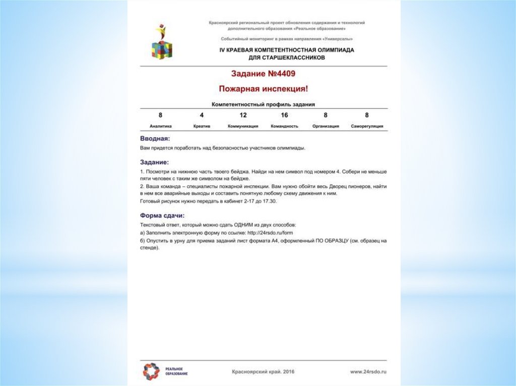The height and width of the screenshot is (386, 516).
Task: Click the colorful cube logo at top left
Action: (162, 42)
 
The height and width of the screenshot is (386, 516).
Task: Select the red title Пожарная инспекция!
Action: (263, 89)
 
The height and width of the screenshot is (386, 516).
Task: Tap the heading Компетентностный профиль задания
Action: (263, 105)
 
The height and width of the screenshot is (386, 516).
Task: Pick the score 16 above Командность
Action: (284, 115)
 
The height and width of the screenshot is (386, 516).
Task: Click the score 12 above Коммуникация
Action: (243, 115)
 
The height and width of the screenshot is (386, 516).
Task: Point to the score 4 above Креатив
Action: (202, 115)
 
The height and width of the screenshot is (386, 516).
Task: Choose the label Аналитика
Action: (161, 126)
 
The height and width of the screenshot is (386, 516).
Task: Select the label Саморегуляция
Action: (367, 126)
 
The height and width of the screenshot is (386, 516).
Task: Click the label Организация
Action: (326, 126)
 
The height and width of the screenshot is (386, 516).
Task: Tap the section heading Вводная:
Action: (155, 138)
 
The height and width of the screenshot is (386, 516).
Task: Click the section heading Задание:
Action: (154, 163)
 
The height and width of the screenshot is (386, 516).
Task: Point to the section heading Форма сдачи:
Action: (162, 215)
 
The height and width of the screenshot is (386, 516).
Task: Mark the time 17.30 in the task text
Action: (269, 201)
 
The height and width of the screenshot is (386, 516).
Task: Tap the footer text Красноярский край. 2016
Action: (263, 372)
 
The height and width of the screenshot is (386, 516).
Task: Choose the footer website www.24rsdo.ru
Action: (371, 372)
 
